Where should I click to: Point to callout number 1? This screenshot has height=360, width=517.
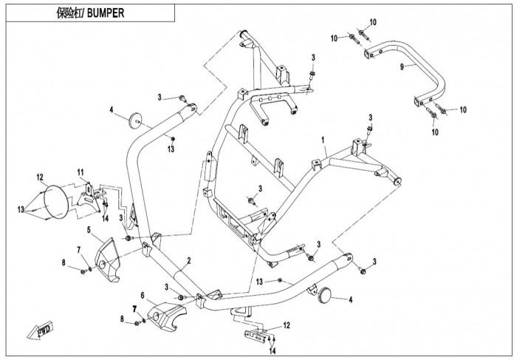pos(323,138)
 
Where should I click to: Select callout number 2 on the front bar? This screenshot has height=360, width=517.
pos(189,260)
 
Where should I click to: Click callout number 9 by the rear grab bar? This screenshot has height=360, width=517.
pos(401,67)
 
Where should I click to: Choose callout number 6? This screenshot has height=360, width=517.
pos(143,293)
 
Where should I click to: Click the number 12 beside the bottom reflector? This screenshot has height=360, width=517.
pos(287,325)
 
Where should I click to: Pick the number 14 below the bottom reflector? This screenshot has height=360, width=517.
pos(273,353)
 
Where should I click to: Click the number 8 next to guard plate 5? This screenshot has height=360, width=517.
pos(64,263)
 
